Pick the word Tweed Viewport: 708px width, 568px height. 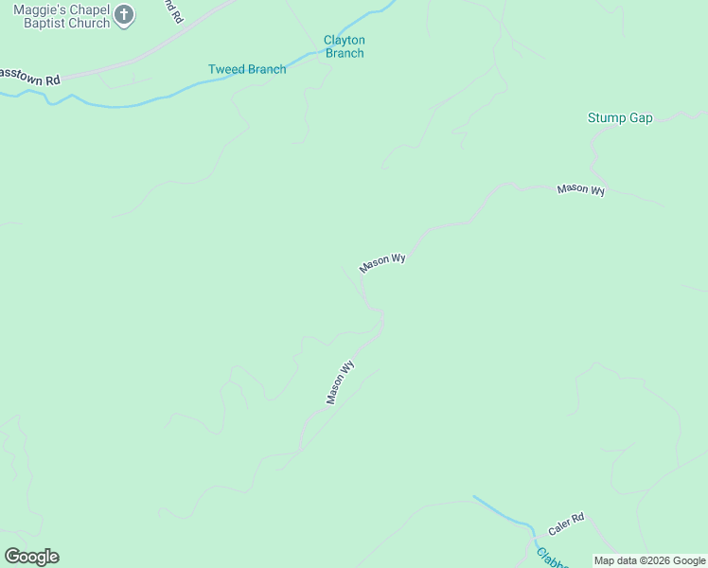225,69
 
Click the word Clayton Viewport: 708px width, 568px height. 345,41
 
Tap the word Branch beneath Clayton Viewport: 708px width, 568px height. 345,54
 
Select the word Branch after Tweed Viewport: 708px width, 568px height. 266,69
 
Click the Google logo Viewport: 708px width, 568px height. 32,557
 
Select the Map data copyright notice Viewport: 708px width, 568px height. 650,560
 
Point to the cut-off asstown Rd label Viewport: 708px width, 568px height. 30,76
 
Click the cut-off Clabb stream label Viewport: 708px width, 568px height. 551,559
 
